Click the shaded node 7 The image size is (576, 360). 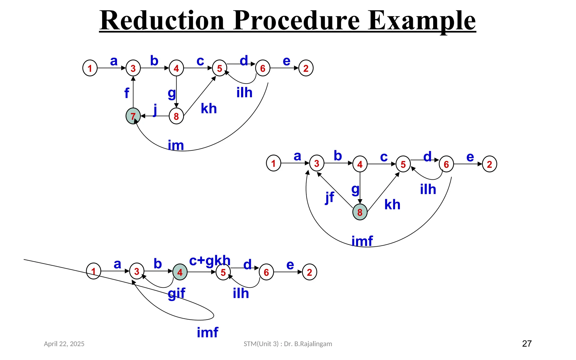[133, 116]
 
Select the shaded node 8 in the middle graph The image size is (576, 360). [360, 212]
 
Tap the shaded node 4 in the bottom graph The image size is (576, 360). [180, 272]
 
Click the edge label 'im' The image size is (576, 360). [176, 145]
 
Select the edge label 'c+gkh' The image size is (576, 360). [210, 261]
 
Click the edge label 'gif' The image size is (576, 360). [177, 293]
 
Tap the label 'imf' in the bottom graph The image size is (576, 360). [208, 332]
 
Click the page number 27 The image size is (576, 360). [527, 343]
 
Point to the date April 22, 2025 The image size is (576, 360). [64, 344]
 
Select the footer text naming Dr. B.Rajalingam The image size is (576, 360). [288, 344]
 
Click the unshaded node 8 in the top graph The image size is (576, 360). [176, 116]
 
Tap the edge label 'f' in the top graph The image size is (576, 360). [127, 93]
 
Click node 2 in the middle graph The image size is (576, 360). [489, 164]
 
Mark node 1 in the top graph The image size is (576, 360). [90, 68]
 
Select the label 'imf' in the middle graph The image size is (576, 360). [362, 241]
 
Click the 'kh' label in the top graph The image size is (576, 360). [209, 109]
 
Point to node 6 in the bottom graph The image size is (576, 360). [266, 272]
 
